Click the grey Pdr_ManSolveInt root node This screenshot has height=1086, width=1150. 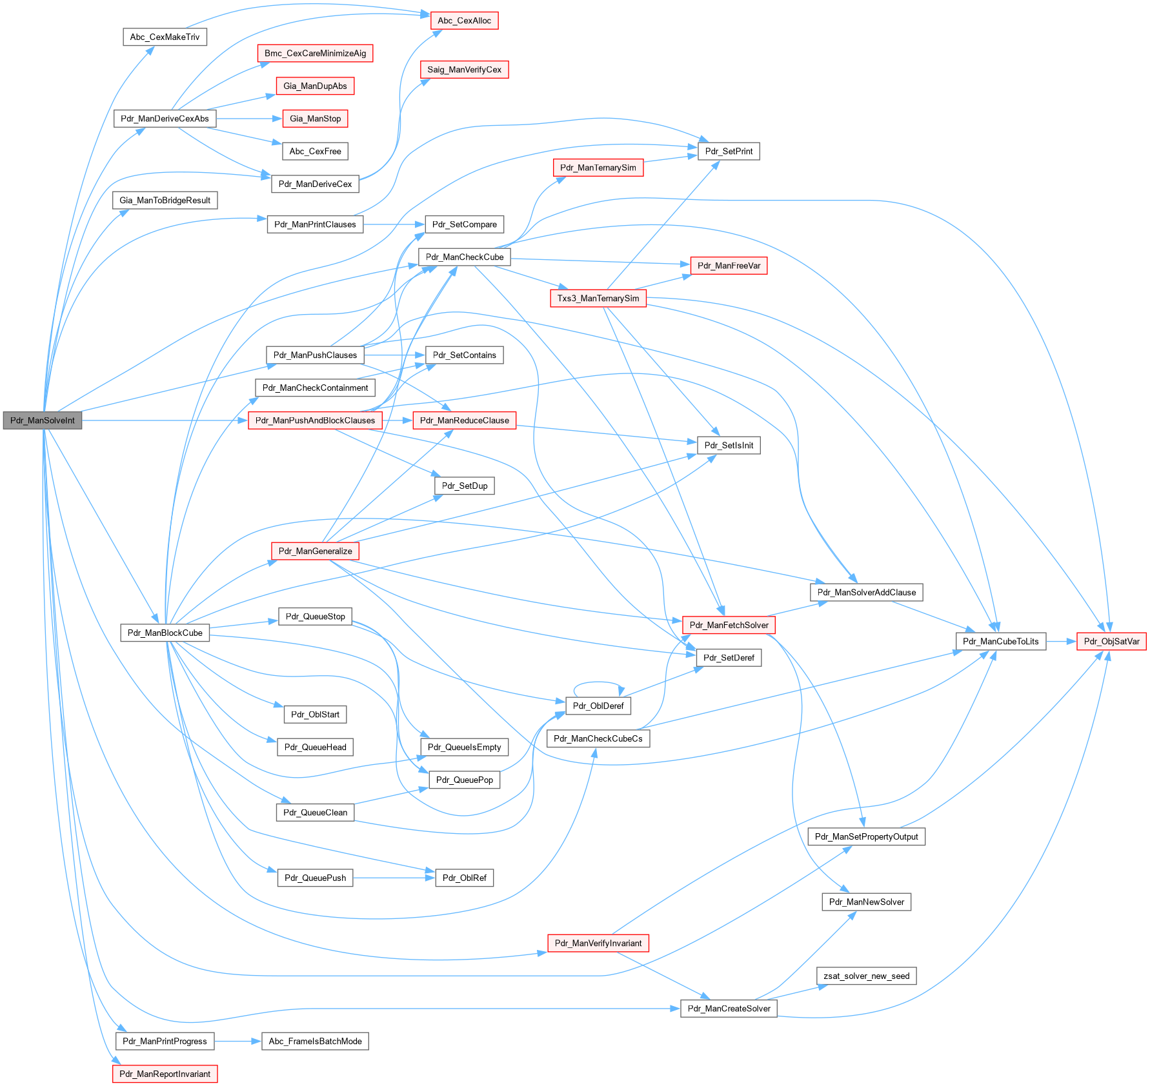tap(43, 420)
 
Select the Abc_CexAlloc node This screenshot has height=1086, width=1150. tap(464, 21)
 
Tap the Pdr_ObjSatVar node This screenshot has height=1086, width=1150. tap(1111, 641)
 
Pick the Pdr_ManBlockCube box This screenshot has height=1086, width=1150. tap(165, 633)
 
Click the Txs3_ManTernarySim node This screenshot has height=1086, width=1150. tap(598, 298)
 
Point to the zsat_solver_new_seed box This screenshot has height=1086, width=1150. tap(866, 976)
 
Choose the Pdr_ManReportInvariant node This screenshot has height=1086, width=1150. tap(165, 1074)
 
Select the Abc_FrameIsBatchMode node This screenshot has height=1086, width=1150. tap(315, 1041)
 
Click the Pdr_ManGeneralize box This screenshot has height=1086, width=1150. tap(315, 551)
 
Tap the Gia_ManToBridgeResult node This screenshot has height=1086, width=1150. tap(165, 200)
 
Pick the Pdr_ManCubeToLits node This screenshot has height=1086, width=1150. tap(1000, 641)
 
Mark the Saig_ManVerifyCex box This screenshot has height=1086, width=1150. tap(464, 70)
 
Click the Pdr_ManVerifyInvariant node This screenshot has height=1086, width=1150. tap(598, 943)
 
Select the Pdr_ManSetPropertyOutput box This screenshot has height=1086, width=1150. tap(866, 836)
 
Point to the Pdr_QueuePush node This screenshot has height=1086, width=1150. tap(315, 878)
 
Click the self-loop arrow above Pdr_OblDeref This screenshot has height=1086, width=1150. tap(598, 683)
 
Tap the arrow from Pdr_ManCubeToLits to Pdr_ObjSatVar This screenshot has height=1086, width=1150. tap(1061, 641)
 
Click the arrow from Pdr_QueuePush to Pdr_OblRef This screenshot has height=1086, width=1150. tap(394, 878)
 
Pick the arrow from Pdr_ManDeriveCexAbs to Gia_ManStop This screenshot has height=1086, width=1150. tap(249, 119)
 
